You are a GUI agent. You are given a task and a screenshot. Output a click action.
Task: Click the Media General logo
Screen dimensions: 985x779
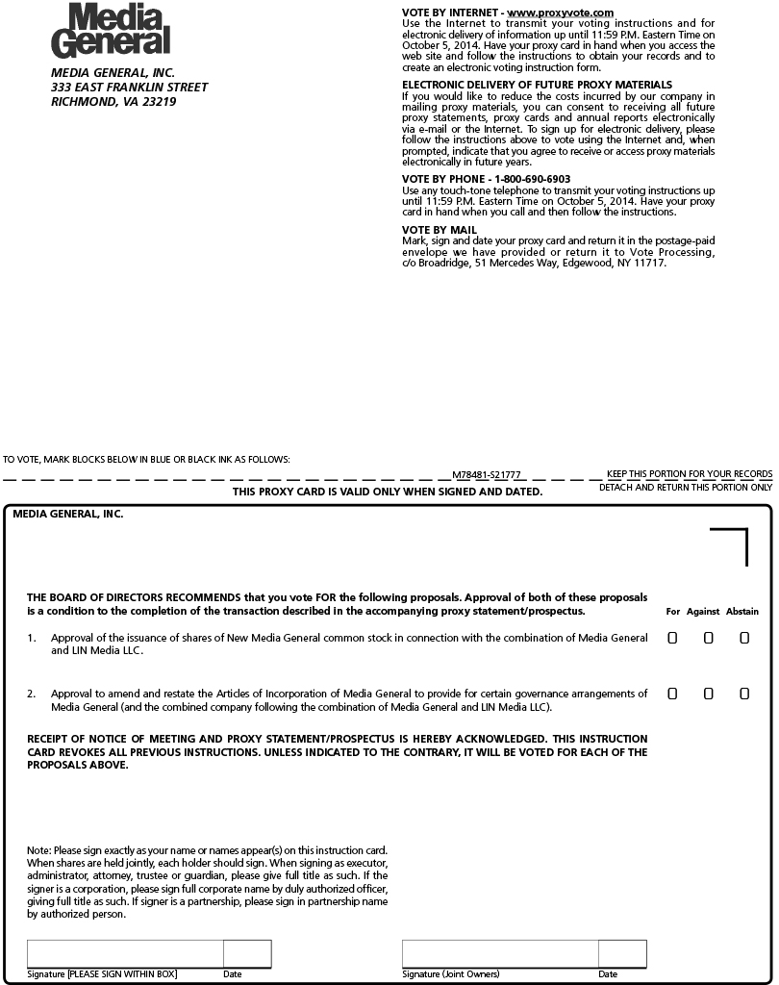click(111, 29)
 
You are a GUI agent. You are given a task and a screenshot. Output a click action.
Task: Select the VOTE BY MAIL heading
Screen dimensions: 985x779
click(439, 230)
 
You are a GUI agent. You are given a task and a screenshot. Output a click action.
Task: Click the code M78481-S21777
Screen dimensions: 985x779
click(487, 475)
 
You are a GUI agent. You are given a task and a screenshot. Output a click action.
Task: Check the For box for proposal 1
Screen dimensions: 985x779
click(672, 638)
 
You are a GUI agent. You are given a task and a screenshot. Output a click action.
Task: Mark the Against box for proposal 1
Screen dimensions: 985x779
click(708, 638)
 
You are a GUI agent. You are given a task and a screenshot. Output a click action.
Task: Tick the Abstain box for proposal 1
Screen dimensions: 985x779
click(744, 638)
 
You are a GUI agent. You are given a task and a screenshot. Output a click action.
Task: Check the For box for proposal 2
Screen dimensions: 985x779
click(672, 694)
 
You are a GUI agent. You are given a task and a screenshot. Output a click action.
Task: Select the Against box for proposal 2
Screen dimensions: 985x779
click(708, 694)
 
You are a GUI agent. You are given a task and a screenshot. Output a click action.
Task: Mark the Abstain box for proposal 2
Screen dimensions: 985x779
click(744, 694)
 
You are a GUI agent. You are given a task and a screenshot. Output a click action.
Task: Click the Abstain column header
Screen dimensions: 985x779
click(741, 612)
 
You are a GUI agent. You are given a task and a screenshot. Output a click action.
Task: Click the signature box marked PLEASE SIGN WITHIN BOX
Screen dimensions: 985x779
click(125, 953)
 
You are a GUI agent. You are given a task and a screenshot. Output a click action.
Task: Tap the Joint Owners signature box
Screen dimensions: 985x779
click(500, 953)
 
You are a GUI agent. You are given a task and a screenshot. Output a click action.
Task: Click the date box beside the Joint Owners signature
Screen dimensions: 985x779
click(622, 953)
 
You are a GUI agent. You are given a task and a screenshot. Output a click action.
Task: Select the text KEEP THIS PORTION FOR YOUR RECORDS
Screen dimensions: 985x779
click(689, 474)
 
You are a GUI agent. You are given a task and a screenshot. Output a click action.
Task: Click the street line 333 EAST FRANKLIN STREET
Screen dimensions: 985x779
click(129, 88)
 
